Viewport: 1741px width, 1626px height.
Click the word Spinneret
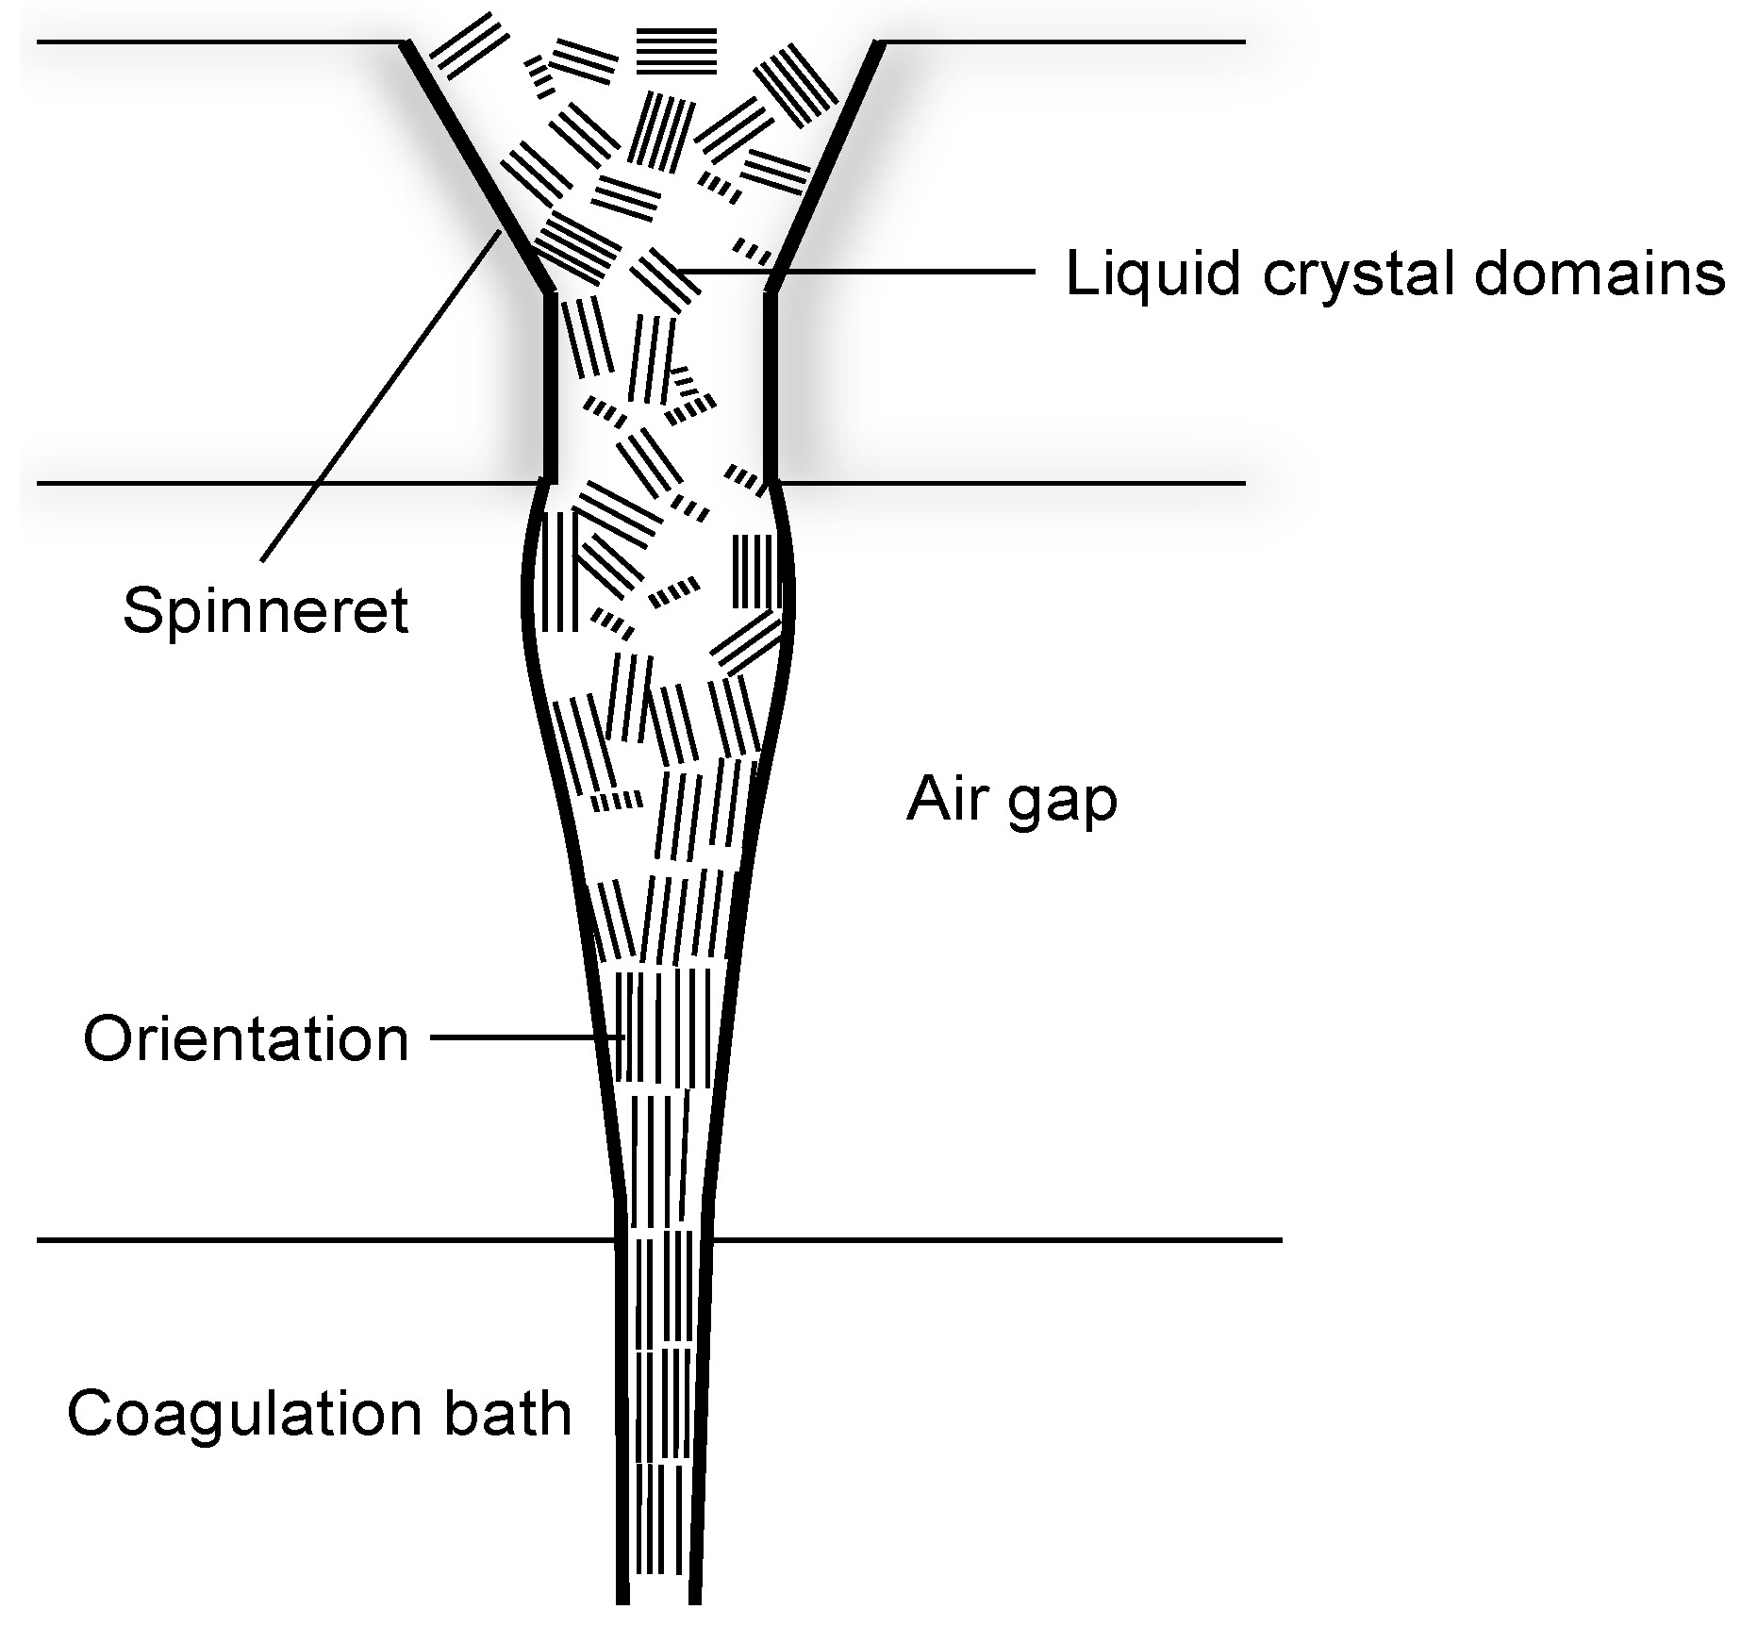(x=265, y=611)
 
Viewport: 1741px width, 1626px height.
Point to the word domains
(x=1593, y=274)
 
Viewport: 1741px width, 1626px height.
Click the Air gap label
(x=1012, y=802)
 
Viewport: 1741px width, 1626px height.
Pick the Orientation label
(x=246, y=1039)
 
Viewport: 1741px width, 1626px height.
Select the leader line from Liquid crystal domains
(x=858, y=272)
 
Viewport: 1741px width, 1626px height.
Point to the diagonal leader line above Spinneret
(x=377, y=396)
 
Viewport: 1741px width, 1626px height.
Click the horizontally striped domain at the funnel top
(x=676, y=51)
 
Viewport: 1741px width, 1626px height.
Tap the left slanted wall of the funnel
(x=476, y=165)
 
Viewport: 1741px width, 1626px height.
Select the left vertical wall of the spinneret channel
(x=551, y=387)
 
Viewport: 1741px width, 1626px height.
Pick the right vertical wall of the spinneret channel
(x=770, y=387)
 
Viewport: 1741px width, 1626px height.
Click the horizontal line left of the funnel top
(x=217, y=42)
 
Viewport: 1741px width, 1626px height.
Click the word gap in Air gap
(x=1065, y=802)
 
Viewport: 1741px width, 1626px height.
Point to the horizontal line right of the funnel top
(x=1061, y=42)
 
